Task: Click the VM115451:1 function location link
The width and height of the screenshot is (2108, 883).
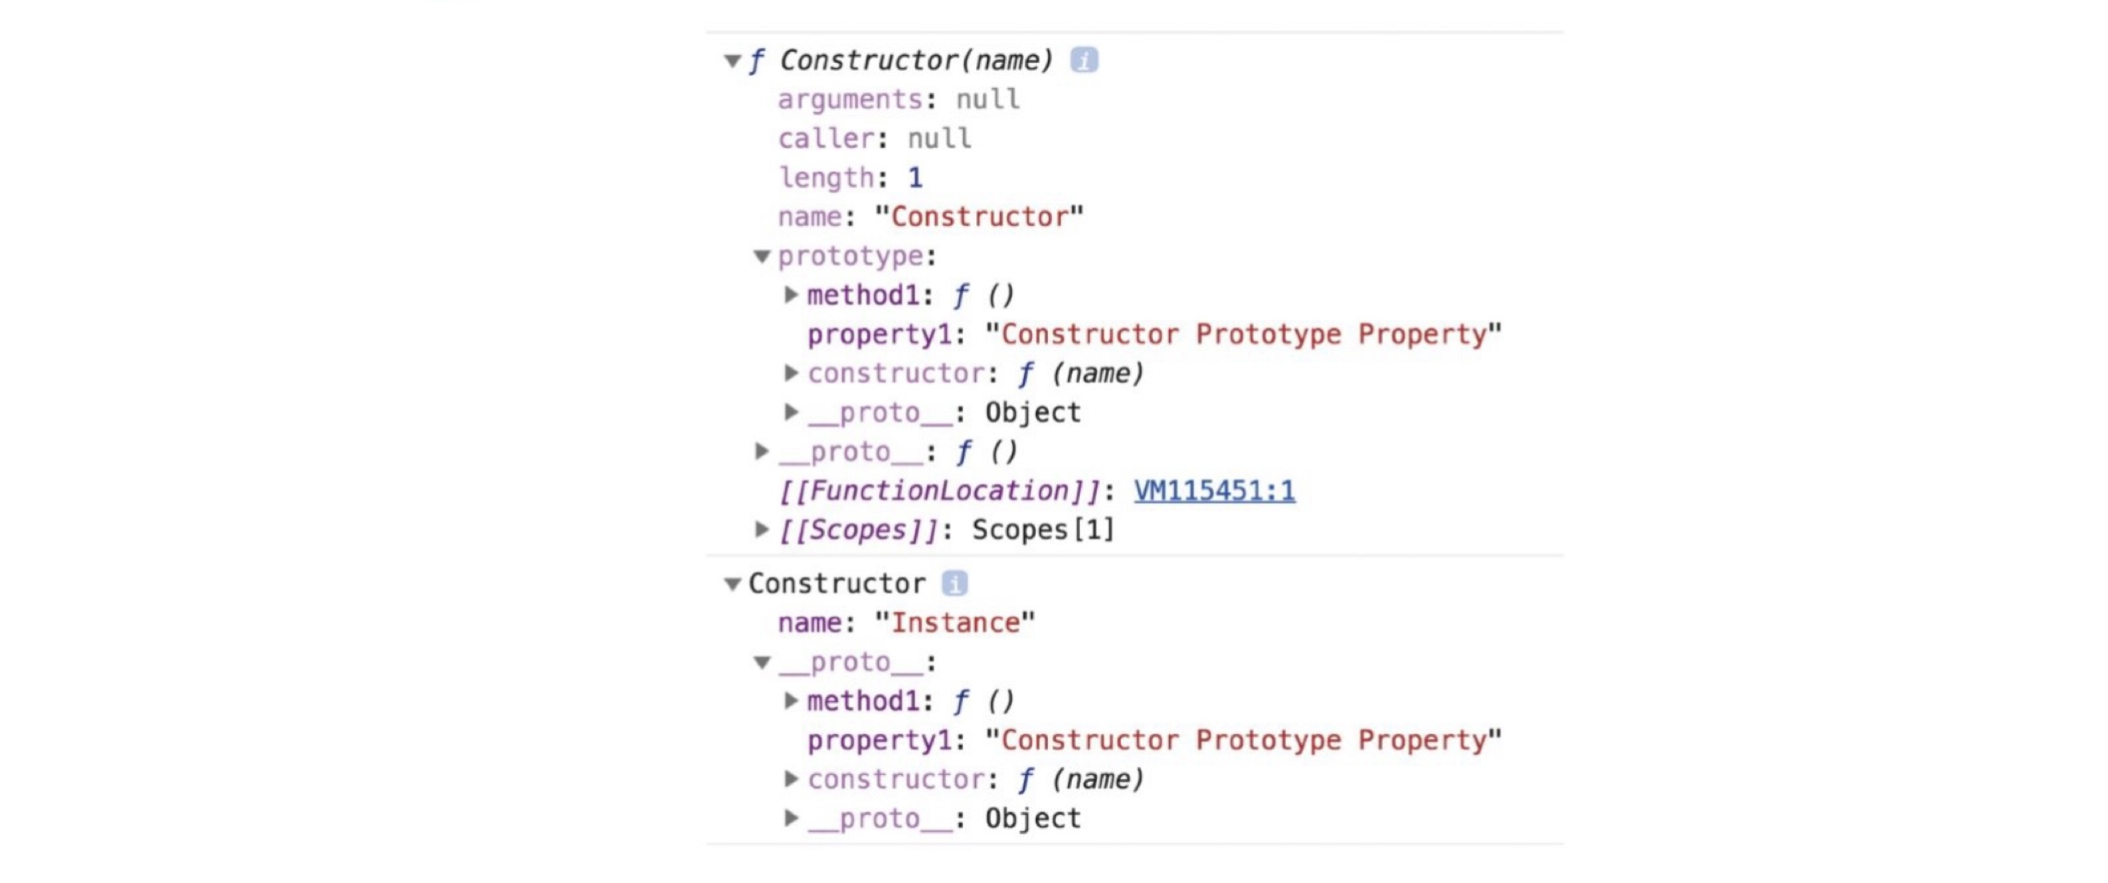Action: point(1214,490)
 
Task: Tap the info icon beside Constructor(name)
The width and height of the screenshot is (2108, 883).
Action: point(1084,60)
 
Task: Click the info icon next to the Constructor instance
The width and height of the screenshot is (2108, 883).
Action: point(955,583)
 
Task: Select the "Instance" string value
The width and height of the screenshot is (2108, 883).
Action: point(954,623)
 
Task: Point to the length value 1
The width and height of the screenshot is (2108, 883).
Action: point(915,178)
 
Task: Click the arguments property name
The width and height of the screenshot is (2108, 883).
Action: point(850,100)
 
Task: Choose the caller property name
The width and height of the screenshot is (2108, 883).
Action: point(826,139)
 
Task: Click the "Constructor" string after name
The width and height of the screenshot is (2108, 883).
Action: point(979,217)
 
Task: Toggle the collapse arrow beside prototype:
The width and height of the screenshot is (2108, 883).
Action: point(762,257)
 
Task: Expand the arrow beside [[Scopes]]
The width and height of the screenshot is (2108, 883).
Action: point(762,529)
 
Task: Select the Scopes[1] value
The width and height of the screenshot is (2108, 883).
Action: point(1042,529)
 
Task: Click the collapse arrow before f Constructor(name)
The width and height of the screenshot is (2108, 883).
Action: point(732,61)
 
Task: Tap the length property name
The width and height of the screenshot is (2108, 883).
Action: point(826,178)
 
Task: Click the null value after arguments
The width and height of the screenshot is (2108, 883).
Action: point(987,100)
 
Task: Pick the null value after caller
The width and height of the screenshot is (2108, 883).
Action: point(939,139)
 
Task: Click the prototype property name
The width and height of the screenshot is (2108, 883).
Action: point(850,257)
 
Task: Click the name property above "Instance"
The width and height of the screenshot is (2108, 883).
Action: point(809,623)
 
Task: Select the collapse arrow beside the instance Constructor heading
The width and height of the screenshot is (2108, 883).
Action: point(732,584)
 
